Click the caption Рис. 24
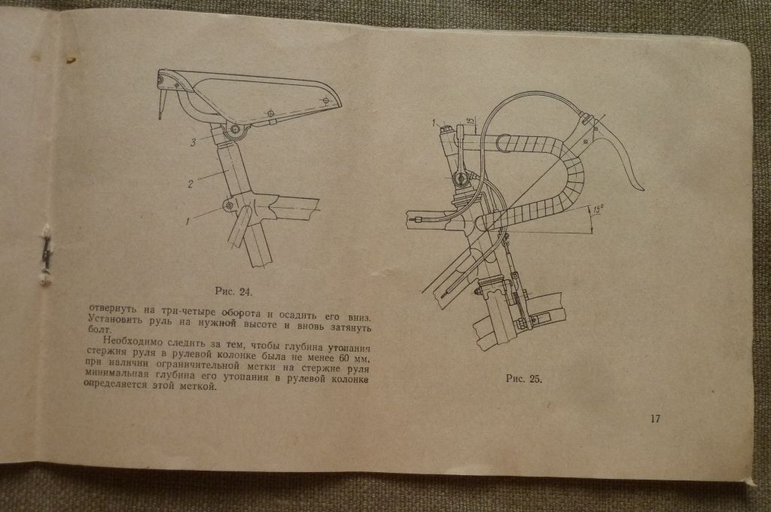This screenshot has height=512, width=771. (x=233, y=291)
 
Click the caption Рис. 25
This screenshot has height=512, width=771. (x=524, y=379)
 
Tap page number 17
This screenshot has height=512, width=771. (x=656, y=419)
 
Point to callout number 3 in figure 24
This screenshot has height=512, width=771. (x=194, y=142)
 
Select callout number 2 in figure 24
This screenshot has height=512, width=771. (x=190, y=184)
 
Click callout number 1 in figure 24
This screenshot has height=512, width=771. (x=187, y=222)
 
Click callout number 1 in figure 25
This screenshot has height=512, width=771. (x=434, y=123)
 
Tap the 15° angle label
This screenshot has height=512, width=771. (x=598, y=209)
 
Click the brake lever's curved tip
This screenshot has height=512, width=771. (x=640, y=187)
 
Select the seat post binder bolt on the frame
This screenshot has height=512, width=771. (x=228, y=205)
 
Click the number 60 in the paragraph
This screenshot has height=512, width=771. (x=340, y=358)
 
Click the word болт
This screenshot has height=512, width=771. (x=99, y=330)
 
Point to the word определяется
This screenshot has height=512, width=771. (x=115, y=385)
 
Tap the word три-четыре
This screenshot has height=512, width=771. (x=185, y=311)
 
